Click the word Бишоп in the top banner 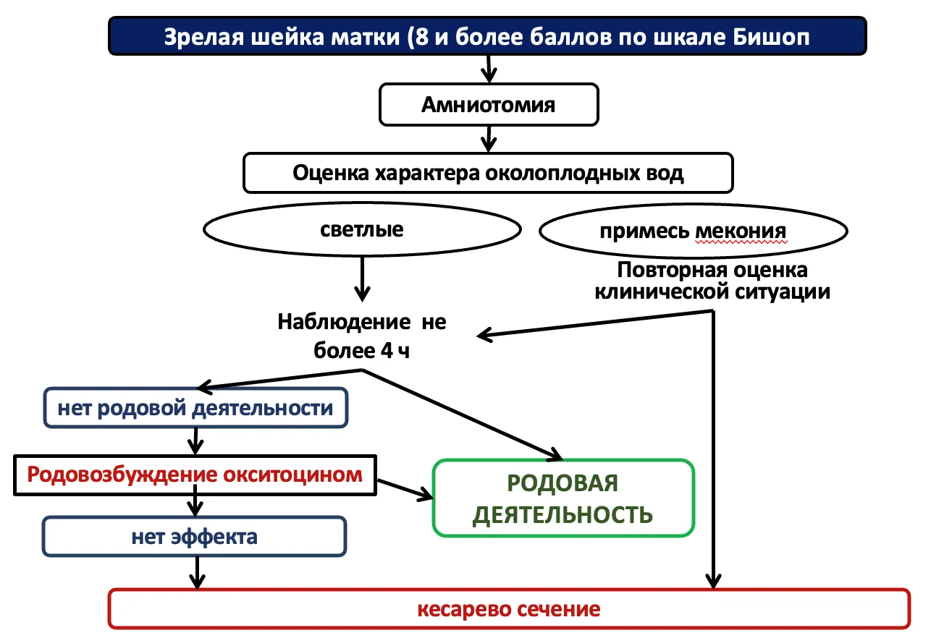tap(770, 37)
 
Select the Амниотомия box tap(489, 105)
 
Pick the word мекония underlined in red tap(741, 231)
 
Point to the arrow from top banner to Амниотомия tap(489, 69)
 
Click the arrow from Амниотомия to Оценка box tap(489, 139)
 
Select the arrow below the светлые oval tap(362, 279)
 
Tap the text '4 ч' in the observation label tap(395, 351)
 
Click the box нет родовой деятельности tap(195, 408)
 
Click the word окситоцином tap(292, 475)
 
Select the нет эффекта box tap(195, 537)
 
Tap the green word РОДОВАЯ tap(563, 483)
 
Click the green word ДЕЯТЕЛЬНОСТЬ tap(563, 515)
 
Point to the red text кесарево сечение tap(509, 609)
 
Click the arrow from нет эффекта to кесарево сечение tap(197, 573)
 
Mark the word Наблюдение tap(344, 322)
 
